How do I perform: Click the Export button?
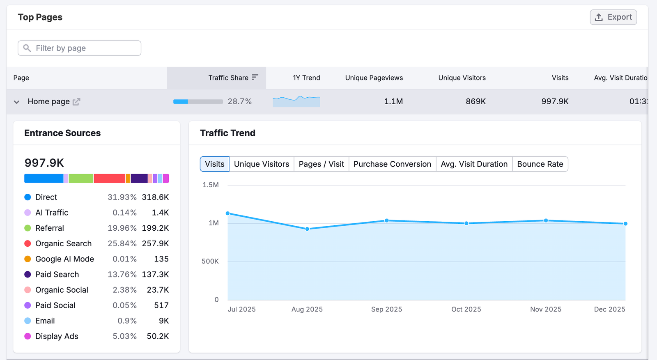pyautogui.click(x=613, y=17)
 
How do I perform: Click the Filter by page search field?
pyautogui.click(x=80, y=48)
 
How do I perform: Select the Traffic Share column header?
pyautogui.click(x=228, y=78)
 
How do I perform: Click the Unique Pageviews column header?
pyautogui.click(x=374, y=78)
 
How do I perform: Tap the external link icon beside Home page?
pyautogui.click(x=76, y=101)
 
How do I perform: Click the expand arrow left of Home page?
pyautogui.click(x=16, y=102)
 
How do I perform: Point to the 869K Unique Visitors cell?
pyautogui.click(x=475, y=101)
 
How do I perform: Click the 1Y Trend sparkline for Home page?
pyautogui.click(x=296, y=101)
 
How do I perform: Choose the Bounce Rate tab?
pyautogui.click(x=540, y=164)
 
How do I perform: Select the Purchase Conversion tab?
pyautogui.click(x=392, y=164)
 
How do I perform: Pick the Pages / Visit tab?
pyautogui.click(x=321, y=164)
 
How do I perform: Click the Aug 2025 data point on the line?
pyautogui.click(x=307, y=229)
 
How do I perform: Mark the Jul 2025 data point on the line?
pyautogui.click(x=228, y=213)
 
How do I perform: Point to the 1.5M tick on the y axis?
pyautogui.click(x=211, y=185)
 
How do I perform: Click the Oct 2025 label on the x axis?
pyautogui.click(x=466, y=309)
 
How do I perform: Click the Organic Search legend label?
pyautogui.click(x=63, y=243)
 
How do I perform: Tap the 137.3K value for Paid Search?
pyautogui.click(x=155, y=274)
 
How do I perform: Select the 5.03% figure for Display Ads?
pyautogui.click(x=124, y=336)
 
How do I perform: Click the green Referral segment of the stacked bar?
pyautogui.click(x=81, y=178)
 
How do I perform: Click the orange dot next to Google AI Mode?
pyautogui.click(x=28, y=259)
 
